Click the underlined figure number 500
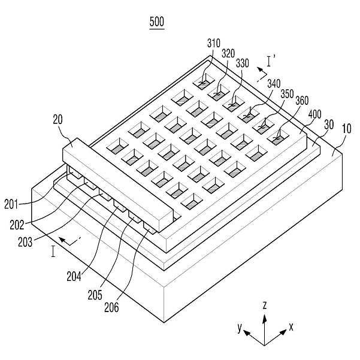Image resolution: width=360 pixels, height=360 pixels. tap(157, 22)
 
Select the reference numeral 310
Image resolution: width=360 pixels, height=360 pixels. tap(214, 43)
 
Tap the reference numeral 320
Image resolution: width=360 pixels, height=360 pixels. tap(228, 54)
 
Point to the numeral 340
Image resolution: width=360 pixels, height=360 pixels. tap(274, 84)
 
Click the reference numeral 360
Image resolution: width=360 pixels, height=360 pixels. tap(302, 100)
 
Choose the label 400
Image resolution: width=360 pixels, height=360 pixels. tap(314, 114)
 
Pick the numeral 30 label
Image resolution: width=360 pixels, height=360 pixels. tap(329, 125)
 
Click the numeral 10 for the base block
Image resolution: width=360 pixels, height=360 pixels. tap(347, 129)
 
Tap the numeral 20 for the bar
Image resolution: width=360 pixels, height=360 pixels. tap(58, 120)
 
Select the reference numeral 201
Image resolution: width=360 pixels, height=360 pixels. tap(11, 204)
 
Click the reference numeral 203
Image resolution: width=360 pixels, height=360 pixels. tap(25, 242)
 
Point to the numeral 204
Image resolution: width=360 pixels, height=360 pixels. tap(74, 276)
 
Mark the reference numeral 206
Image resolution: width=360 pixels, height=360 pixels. tap(111, 307)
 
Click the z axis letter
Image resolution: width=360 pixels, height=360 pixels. tap(265, 306)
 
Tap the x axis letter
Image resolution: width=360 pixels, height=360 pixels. tap(291, 326)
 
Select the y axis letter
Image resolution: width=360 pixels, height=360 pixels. tap(240, 328)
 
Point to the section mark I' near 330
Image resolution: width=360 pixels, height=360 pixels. tap(271, 60)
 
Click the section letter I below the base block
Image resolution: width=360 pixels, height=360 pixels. tap(53, 252)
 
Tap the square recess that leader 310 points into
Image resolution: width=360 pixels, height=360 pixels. tap(204, 81)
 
